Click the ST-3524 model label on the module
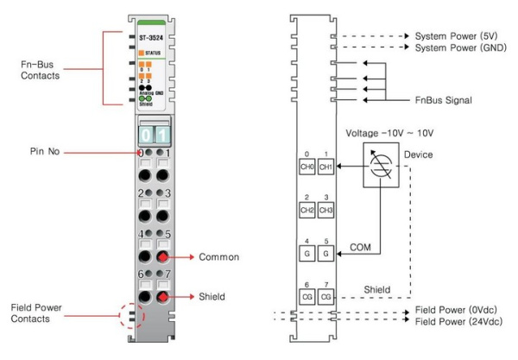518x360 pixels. point(155,40)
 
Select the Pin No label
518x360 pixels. point(45,152)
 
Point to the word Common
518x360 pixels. point(218,256)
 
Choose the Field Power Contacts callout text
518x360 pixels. point(41,313)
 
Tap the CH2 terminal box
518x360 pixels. point(306,210)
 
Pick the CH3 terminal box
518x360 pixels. point(325,210)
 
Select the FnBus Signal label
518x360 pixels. point(449,100)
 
